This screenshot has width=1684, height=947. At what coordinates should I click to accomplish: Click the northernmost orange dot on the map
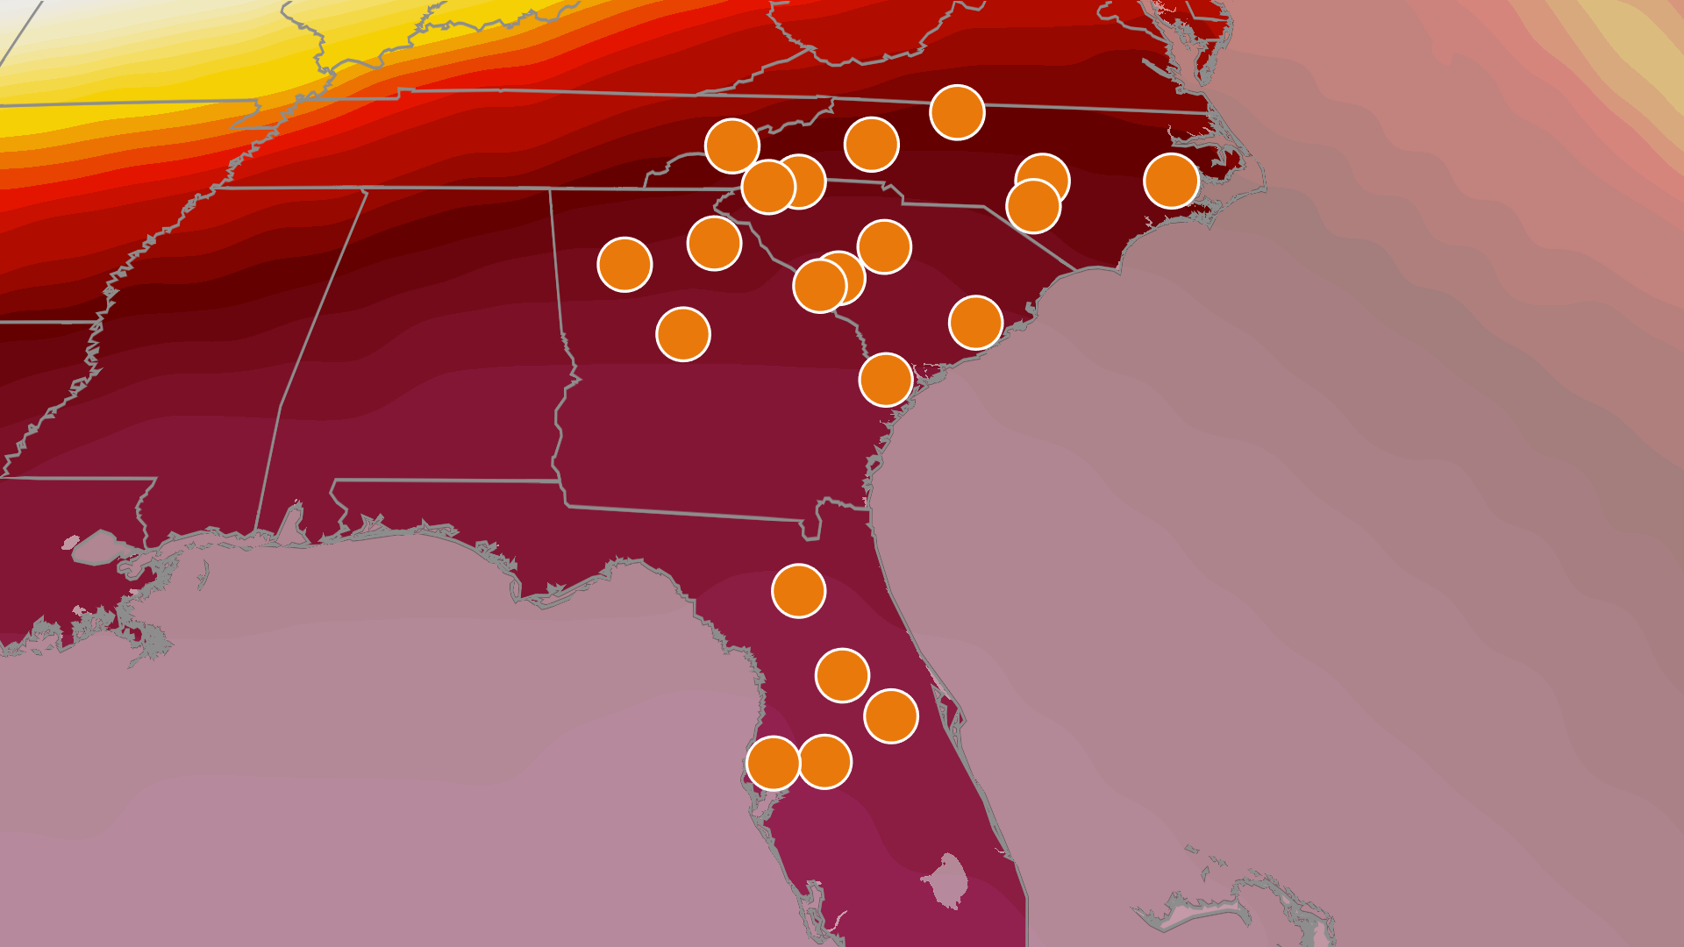[x=957, y=112]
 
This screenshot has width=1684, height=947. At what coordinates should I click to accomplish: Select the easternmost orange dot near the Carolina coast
[x=1171, y=181]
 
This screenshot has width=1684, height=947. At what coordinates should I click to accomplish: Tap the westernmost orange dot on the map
[x=624, y=264]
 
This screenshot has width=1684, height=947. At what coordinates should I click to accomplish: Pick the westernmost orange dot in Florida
[x=774, y=763]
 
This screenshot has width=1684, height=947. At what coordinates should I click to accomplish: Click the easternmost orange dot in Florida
[x=891, y=716]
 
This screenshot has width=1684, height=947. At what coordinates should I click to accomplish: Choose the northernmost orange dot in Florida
[x=798, y=590]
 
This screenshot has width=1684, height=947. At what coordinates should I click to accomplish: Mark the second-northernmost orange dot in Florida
[x=842, y=675]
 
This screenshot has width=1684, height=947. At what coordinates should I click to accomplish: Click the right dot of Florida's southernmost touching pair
[x=824, y=761]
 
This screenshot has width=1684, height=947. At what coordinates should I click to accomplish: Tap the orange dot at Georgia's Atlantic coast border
[x=886, y=380]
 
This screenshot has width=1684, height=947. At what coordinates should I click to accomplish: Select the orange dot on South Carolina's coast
[x=975, y=322]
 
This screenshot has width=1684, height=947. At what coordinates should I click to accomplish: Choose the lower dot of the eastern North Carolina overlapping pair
[x=1033, y=206]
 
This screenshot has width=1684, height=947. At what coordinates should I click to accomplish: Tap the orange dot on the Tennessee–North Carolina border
[x=732, y=146]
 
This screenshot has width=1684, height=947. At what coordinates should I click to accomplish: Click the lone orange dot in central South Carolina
[x=884, y=246]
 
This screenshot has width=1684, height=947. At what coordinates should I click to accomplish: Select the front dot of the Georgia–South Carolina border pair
[x=819, y=285]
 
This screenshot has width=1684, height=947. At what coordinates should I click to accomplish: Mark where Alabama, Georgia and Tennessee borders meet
[x=550, y=189]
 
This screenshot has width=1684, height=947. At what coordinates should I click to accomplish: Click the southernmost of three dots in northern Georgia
[x=682, y=334]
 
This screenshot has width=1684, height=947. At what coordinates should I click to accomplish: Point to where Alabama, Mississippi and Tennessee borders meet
[x=367, y=189]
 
